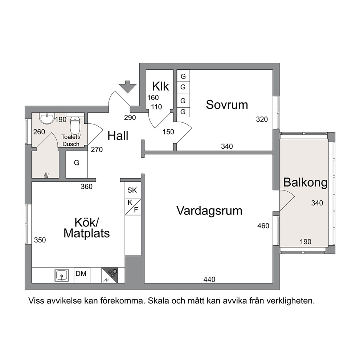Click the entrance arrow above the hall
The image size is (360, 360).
pyautogui.click(x=128, y=87)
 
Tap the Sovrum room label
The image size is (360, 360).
pyautogui.click(x=227, y=105)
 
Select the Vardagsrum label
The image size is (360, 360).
pyautogui.click(x=209, y=210)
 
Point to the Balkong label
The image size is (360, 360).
pyautogui.click(x=305, y=183)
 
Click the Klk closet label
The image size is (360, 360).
pyautogui.click(x=160, y=86)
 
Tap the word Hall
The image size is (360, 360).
pyautogui.click(x=118, y=136)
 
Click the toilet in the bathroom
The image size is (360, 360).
pyautogui.click(x=75, y=125)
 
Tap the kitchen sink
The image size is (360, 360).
pyautogui.click(x=62, y=275)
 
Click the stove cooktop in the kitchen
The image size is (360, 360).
pyautogui.click(x=110, y=275)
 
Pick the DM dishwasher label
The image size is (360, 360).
pyautogui.click(x=81, y=274)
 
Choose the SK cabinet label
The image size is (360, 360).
pyautogui.click(x=132, y=190)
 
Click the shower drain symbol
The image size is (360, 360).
pyautogui.click(x=46, y=175)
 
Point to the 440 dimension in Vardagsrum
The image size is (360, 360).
pyautogui.click(x=209, y=279)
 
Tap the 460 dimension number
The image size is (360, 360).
pyautogui.click(x=263, y=226)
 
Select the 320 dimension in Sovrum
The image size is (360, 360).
pyautogui.click(x=262, y=119)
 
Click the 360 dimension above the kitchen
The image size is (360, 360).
pyautogui.click(x=87, y=187)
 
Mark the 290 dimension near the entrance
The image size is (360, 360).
pyautogui.click(x=130, y=118)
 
